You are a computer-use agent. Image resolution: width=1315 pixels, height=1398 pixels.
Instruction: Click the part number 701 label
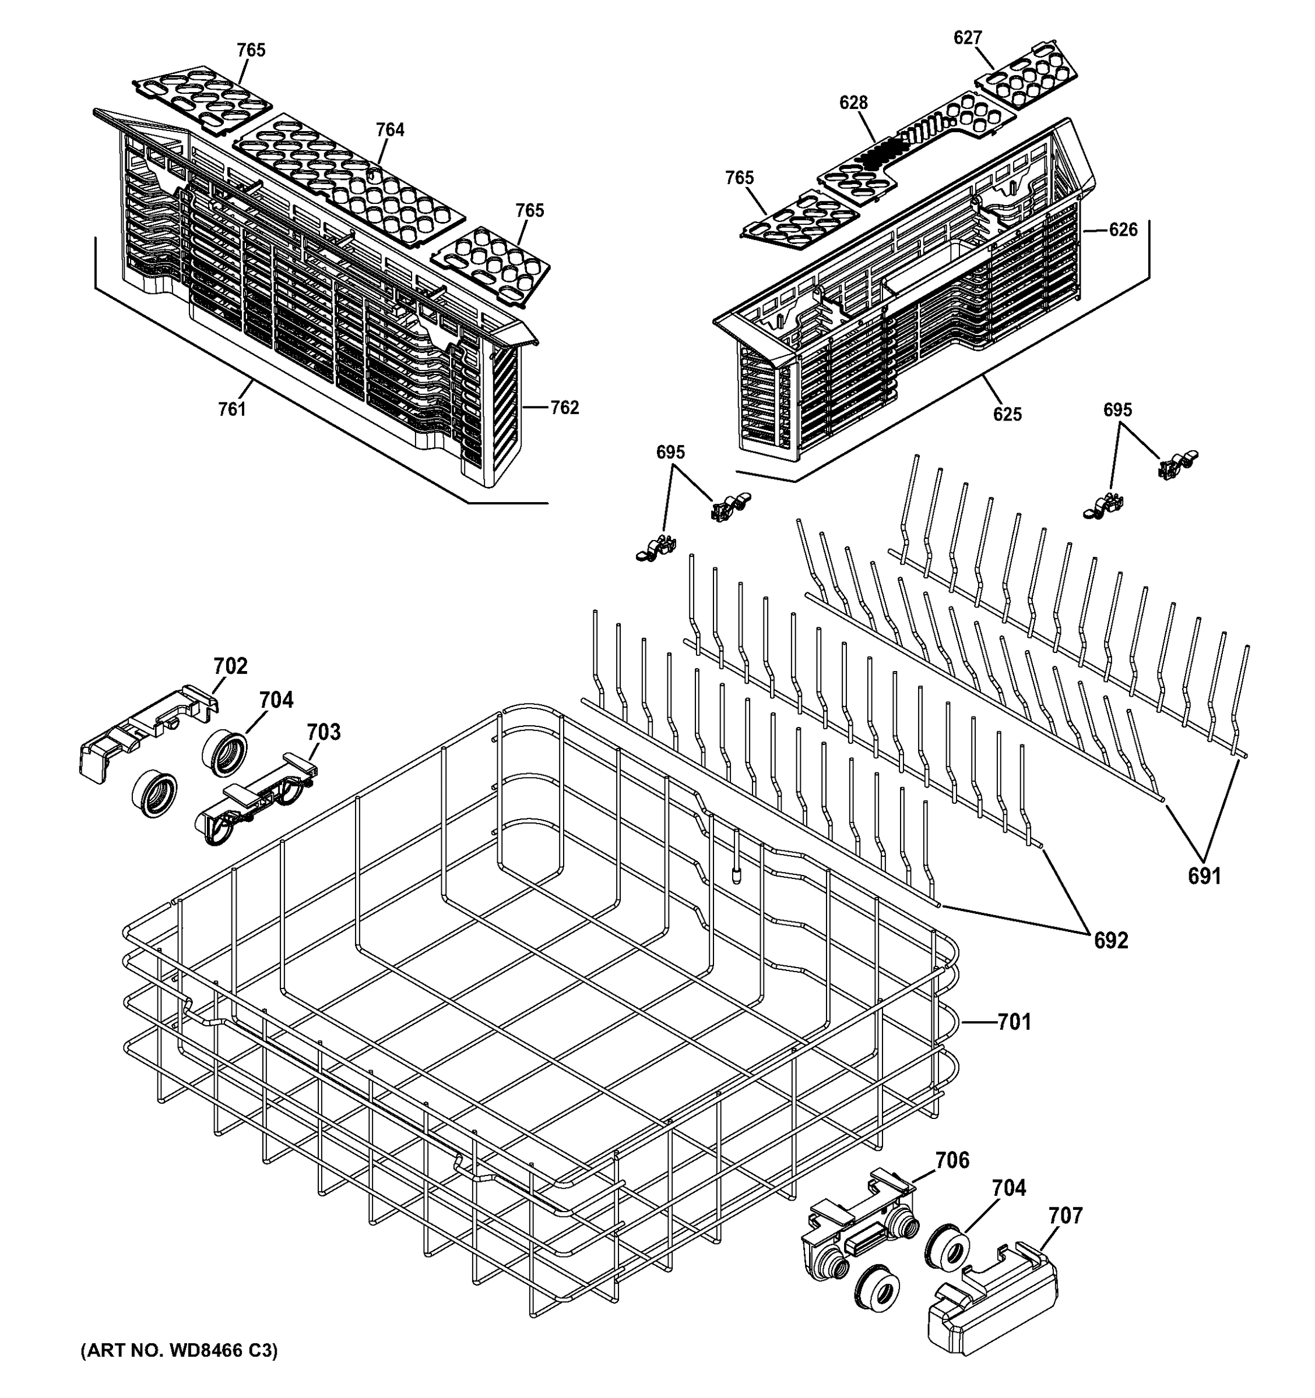click(1014, 1022)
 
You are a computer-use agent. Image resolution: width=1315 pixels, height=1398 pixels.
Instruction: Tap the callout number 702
click(231, 666)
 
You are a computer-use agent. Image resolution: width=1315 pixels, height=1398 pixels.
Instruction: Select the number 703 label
click(324, 732)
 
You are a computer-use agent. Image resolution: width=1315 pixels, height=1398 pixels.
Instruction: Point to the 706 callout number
click(952, 1160)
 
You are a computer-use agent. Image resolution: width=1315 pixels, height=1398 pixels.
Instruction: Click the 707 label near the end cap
click(1065, 1215)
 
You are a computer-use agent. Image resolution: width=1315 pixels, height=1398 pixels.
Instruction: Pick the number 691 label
click(1204, 875)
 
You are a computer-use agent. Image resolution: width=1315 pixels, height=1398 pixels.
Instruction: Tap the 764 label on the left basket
click(390, 129)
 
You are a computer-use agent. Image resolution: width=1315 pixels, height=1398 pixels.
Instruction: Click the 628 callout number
click(853, 103)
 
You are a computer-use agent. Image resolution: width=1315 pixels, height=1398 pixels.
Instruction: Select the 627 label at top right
click(968, 38)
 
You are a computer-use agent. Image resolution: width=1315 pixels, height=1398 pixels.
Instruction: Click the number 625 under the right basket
click(1007, 414)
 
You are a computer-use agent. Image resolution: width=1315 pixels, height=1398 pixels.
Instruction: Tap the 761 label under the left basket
click(231, 408)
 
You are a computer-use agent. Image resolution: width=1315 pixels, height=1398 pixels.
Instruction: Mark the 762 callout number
click(564, 407)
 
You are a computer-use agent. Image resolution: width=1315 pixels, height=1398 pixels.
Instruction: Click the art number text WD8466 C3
click(180, 1350)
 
